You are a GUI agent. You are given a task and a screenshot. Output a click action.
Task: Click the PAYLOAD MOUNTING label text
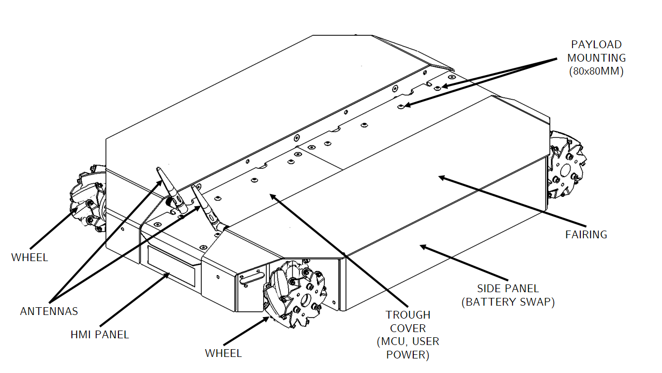coord(596,58)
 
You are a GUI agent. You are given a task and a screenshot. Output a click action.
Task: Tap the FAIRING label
coord(586,235)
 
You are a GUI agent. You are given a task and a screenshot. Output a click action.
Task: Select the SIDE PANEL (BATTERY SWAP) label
coord(508,295)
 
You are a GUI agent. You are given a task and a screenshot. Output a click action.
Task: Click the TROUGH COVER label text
coord(408,335)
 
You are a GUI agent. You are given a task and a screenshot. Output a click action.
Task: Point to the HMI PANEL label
coord(100,335)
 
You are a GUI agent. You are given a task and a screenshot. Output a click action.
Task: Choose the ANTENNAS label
coord(49,311)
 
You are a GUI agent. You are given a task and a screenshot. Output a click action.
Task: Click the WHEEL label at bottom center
coord(223,353)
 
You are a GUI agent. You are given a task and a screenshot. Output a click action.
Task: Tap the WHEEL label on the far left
coord(29,257)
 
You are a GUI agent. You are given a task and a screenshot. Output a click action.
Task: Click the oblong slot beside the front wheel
coord(252,279)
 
